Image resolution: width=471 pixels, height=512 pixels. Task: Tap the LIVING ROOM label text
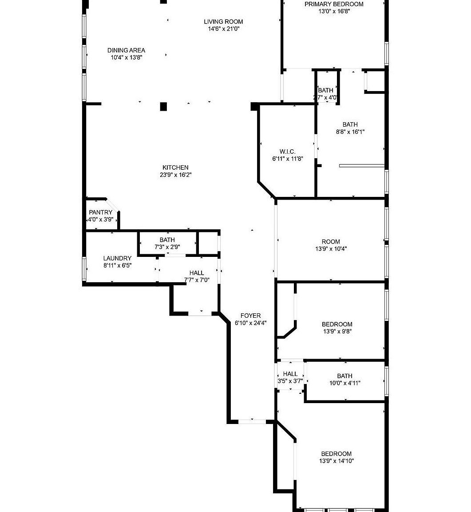pyautogui.click(x=223, y=22)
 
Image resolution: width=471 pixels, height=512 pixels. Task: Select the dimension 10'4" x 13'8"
pyautogui.click(x=127, y=57)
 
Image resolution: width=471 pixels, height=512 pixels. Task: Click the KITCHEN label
pyautogui.click(x=175, y=168)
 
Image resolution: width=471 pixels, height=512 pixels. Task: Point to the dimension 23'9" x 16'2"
pyautogui.click(x=175, y=175)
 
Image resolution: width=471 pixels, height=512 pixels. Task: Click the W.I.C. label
pyautogui.click(x=287, y=152)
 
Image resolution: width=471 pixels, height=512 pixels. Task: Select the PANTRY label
pyautogui.click(x=100, y=212)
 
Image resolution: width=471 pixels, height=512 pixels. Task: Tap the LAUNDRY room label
pyautogui.click(x=117, y=258)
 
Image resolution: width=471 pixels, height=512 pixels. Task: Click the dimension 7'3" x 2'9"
pyautogui.click(x=167, y=247)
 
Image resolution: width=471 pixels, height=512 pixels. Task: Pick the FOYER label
pyautogui.click(x=250, y=316)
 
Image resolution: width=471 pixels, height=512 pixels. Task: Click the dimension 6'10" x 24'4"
pyautogui.click(x=250, y=323)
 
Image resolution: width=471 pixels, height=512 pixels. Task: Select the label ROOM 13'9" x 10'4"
pyautogui.click(x=331, y=245)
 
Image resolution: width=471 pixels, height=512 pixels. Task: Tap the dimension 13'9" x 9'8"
pyautogui.click(x=337, y=332)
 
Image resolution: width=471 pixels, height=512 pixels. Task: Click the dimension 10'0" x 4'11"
pyautogui.click(x=344, y=383)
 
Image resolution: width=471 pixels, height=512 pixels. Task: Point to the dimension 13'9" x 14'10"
pyautogui.click(x=336, y=461)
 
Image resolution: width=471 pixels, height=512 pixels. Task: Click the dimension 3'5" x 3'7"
pyautogui.click(x=290, y=381)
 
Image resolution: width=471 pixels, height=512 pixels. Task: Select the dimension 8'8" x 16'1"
pyautogui.click(x=350, y=132)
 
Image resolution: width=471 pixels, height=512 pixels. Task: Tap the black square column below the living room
pyautogui.click(x=163, y=106)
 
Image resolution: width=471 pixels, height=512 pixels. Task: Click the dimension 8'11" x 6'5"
pyautogui.click(x=117, y=265)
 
